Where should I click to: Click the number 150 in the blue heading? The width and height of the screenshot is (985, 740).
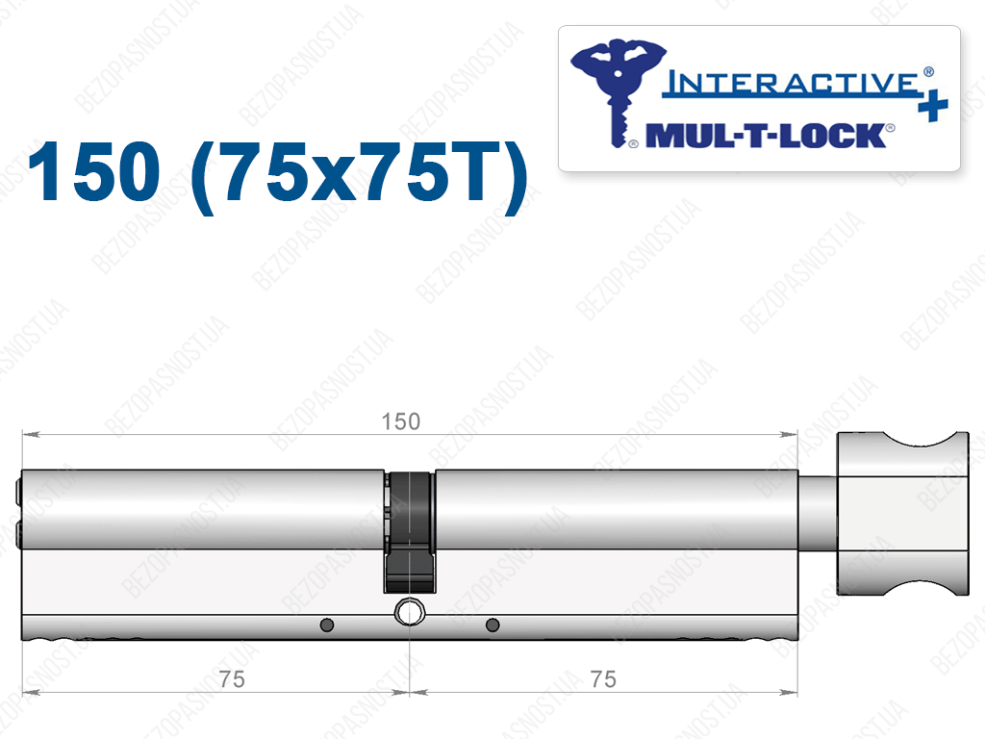click(x=94, y=171)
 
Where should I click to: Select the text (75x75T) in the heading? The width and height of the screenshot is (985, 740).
click(x=358, y=176)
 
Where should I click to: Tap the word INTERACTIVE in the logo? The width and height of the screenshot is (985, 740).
click(x=792, y=84)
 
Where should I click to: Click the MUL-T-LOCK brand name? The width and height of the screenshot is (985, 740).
click(x=766, y=136)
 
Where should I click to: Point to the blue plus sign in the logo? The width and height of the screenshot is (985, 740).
click(x=932, y=106)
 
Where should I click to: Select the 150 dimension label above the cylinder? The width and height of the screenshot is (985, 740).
click(x=401, y=421)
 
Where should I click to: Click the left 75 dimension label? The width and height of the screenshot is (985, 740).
click(x=232, y=679)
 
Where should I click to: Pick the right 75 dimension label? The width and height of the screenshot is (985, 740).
click(x=603, y=679)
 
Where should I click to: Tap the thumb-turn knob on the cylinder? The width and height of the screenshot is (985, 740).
click(x=902, y=513)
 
